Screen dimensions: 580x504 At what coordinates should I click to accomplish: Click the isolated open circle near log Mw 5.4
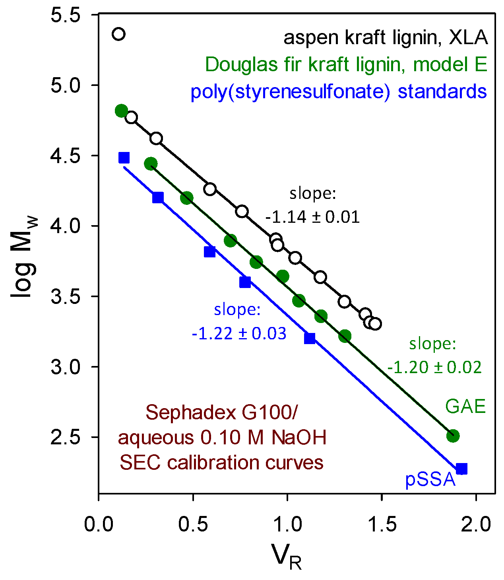coord(118,34)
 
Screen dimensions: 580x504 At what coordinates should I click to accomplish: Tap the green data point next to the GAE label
coord(453,436)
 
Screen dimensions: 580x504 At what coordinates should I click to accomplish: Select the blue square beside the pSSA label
coord(461,469)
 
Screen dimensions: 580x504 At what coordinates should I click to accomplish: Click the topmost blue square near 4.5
coord(124,158)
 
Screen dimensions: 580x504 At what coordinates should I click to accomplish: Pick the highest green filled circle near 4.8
coord(121,111)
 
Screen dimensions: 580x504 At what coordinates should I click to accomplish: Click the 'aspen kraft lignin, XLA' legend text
coord(385,38)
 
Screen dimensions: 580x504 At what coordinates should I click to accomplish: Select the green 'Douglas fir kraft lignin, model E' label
coord(346,64)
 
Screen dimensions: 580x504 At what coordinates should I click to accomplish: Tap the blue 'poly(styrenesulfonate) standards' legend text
coord(339,91)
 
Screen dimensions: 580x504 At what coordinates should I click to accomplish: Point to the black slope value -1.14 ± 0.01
coord(312,217)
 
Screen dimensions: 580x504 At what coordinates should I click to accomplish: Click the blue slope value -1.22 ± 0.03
coord(239,333)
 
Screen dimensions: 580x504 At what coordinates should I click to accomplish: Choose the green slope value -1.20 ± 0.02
coord(434,367)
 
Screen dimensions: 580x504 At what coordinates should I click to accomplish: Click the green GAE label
coord(465,407)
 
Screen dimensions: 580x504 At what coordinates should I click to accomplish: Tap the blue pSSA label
coord(430,480)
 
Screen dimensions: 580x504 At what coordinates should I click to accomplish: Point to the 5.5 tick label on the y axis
coord(66,15)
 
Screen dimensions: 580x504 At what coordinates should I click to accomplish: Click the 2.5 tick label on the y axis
coord(66,437)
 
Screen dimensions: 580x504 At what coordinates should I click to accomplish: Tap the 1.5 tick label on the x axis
coord(382,525)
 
